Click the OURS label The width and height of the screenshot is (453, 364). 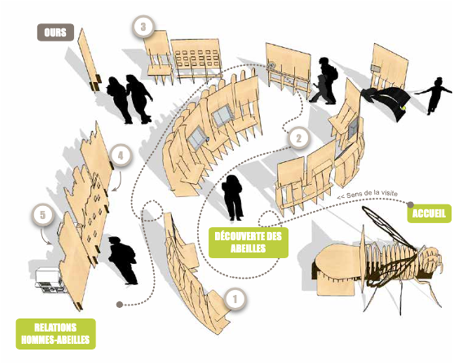[x=55, y=32]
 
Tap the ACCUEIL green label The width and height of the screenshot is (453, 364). [x=429, y=214]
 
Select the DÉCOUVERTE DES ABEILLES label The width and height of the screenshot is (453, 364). [x=248, y=242]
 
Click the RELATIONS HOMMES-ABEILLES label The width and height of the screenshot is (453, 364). [x=55, y=333]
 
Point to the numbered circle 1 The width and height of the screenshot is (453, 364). [x=235, y=299]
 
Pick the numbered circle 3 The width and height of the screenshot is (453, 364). [x=143, y=27]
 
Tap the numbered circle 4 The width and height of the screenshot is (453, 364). [x=121, y=156]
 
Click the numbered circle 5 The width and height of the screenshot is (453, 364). [x=43, y=215]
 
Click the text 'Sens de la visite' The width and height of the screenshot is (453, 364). [x=372, y=194]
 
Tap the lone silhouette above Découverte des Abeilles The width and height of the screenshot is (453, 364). [x=233, y=198]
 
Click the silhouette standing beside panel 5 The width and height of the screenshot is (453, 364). [x=123, y=260]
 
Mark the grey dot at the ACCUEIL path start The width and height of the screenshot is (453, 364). [x=410, y=205]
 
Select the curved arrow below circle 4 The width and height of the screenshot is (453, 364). [x=118, y=181]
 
